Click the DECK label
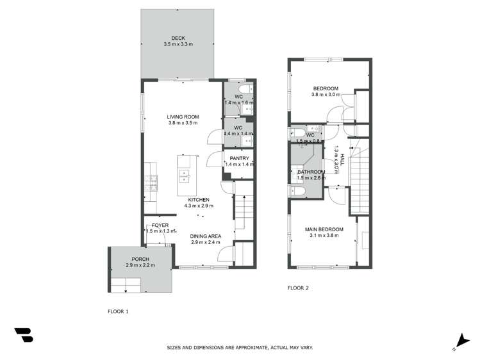[x=178, y=38]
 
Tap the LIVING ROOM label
[x=183, y=117]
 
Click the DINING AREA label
[x=205, y=236]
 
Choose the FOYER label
[x=160, y=225]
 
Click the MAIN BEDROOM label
[x=324, y=229]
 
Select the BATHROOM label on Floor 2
[x=312, y=172]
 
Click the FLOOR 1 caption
[x=118, y=311]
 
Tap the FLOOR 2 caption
[x=298, y=288]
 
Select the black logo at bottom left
[x=23, y=335]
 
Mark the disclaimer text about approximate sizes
[x=240, y=347]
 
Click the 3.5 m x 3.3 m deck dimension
[x=178, y=44]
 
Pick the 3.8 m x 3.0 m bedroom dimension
[x=325, y=95]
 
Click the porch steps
[x=125, y=284]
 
